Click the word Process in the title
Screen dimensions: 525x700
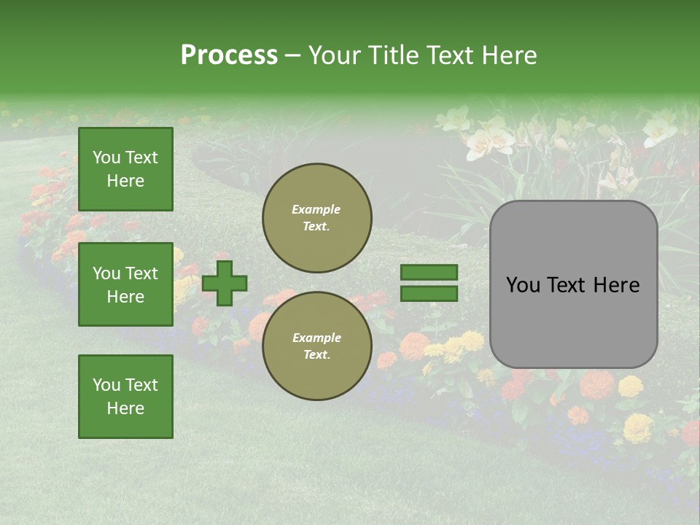[229, 55]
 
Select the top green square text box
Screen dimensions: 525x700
[125, 169]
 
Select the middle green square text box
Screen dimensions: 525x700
[125, 284]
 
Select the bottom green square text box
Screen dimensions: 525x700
[125, 396]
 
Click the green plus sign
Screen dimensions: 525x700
[225, 283]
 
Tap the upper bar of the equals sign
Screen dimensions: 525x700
[429, 273]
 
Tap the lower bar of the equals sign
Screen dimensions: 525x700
[429, 293]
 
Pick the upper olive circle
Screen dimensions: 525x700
[317, 217]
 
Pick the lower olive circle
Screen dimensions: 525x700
[317, 346]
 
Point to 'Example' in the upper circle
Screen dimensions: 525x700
[316, 210]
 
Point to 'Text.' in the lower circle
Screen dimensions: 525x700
[316, 355]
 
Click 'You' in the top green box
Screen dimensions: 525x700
[106, 158]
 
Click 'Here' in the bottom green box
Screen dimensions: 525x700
[125, 408]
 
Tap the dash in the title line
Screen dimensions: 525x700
[292, 55]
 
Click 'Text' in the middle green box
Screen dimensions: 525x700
[141, 273]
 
